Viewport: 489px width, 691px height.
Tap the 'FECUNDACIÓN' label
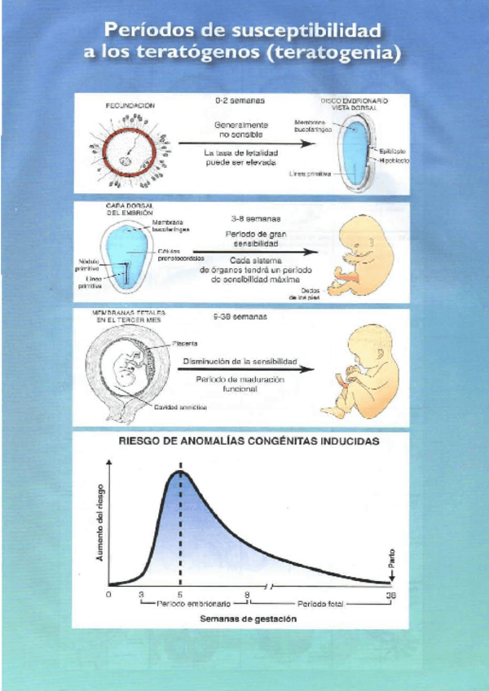pyautogui.click(x=130, y=106)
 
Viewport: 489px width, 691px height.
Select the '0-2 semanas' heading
pyautogui.click(x=240, y=100)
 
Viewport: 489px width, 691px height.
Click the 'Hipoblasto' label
pyautogui.click(x=393, y=161)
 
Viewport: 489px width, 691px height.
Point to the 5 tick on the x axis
pyautogui.click(x=181, y=595)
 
